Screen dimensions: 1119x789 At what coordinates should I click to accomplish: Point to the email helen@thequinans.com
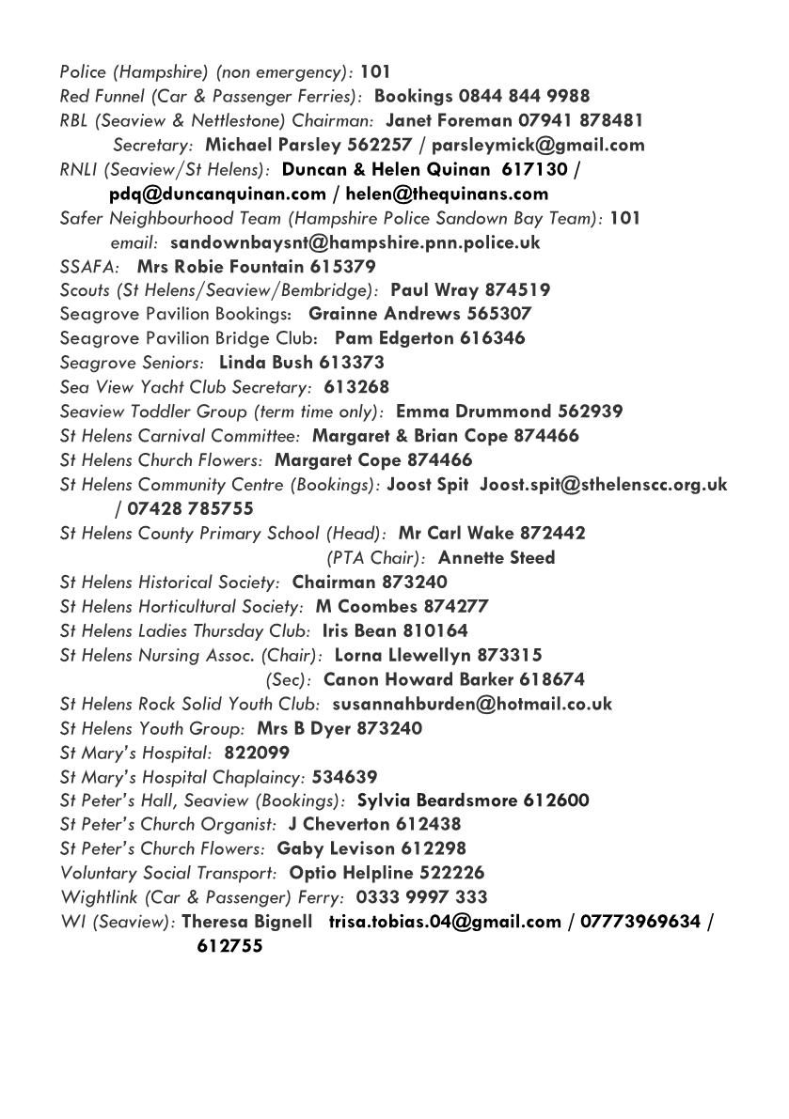[447, 194]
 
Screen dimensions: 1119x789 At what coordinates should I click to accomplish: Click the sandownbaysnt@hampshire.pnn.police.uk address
[355, 242]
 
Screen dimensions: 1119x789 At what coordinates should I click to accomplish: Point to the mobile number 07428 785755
[189, 508]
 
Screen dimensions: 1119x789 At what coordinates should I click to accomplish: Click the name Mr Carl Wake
[449, 533]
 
